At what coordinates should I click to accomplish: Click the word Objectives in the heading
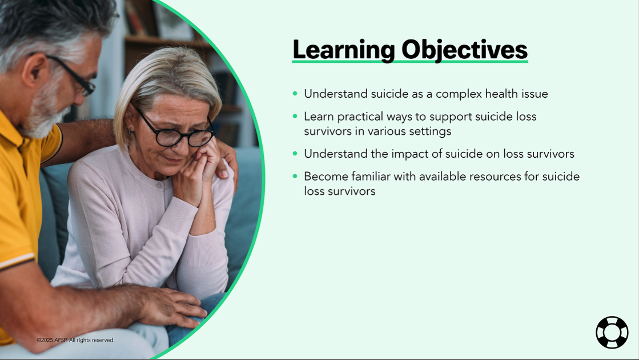[x=464, y=50]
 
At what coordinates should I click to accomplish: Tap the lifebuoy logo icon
[x=612, y=332]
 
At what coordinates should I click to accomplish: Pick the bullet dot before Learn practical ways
[x=295, y=117]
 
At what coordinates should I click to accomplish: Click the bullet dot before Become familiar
[x=295, y=177]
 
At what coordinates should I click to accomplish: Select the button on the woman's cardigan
[x=160, y=186]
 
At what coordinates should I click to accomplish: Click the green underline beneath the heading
[x=409, y=61]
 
